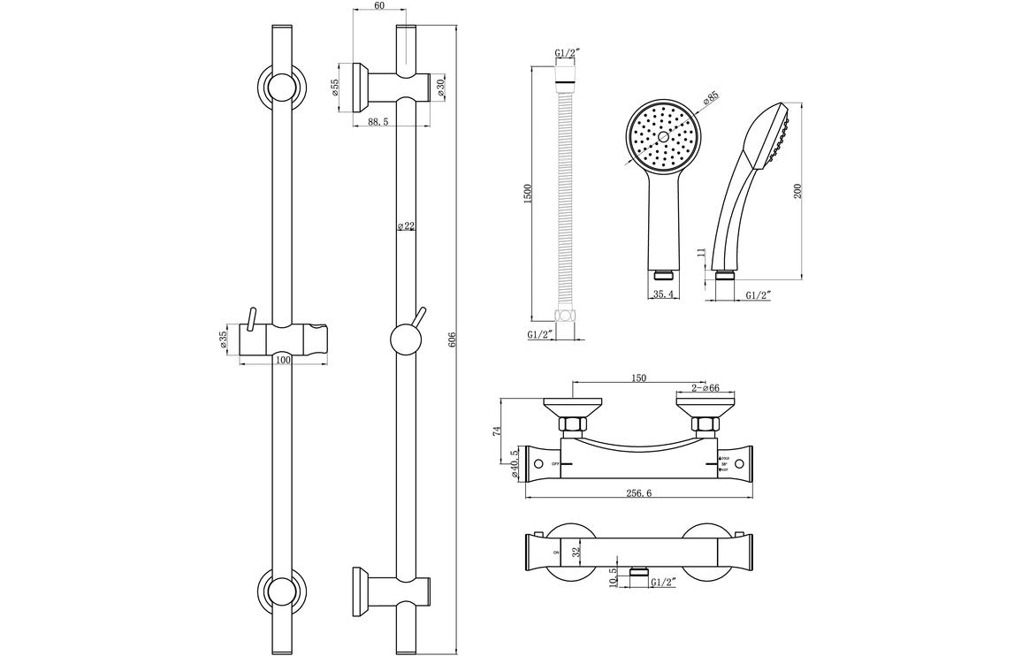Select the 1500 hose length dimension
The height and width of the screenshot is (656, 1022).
(528, 195)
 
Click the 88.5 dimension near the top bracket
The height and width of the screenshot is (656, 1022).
(378, 122)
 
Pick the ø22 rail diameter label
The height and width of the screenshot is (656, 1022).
(407, 226)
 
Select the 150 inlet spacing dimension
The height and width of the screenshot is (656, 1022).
(639, 378)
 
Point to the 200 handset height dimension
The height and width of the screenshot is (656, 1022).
(798, 191)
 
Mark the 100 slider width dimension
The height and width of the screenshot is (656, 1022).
(283, 360)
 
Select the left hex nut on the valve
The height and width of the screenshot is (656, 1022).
(571, 426)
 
